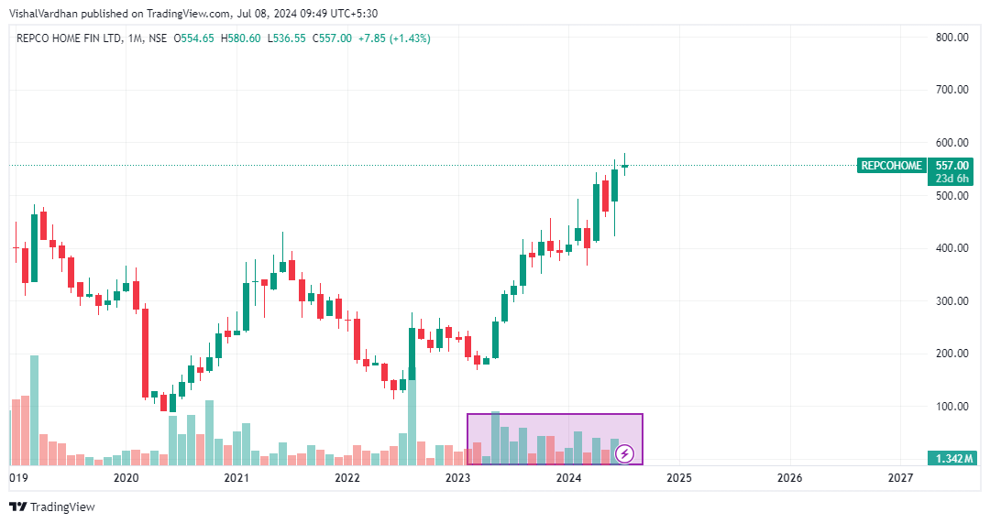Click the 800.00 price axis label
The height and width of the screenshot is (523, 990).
951,38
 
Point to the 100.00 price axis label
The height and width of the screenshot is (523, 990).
951,407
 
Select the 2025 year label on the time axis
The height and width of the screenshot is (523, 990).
678,478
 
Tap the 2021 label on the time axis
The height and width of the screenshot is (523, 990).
236,478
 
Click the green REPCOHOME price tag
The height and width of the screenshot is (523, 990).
891,166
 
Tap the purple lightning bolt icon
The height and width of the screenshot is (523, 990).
624,452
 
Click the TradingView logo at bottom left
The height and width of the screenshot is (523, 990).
52,507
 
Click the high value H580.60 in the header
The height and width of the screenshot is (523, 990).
241,38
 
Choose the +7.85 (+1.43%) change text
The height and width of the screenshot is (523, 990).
395,38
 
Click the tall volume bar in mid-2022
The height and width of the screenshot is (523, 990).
412,421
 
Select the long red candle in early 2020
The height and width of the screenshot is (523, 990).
145,353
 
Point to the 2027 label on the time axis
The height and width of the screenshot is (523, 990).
900,478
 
